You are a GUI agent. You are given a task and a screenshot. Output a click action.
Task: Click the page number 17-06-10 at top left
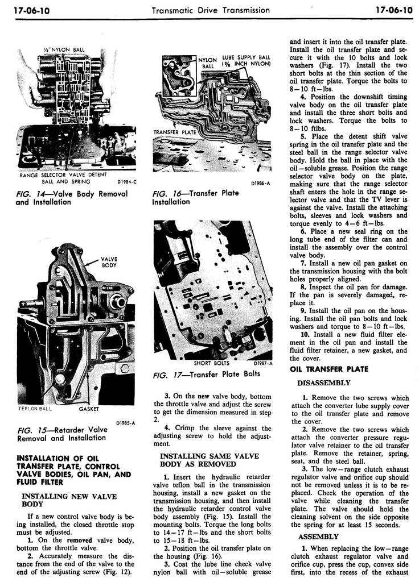[27, 10]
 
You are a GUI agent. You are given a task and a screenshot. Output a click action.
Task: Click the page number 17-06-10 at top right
[392, 10]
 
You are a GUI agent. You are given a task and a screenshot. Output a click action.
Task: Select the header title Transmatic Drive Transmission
[211, 10]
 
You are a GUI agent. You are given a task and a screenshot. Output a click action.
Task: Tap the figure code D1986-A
[260, 183]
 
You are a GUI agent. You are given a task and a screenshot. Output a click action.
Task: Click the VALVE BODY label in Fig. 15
[109, 262]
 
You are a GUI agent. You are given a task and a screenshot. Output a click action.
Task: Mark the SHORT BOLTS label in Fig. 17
[211, 363]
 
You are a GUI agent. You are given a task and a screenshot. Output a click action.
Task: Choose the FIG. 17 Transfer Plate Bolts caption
[206, 374]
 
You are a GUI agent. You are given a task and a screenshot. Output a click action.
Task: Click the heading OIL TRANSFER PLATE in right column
[329, 369]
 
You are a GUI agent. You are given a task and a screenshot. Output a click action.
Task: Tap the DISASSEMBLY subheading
[323, 383]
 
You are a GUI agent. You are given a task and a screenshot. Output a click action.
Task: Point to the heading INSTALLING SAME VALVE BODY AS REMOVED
[209, 460]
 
